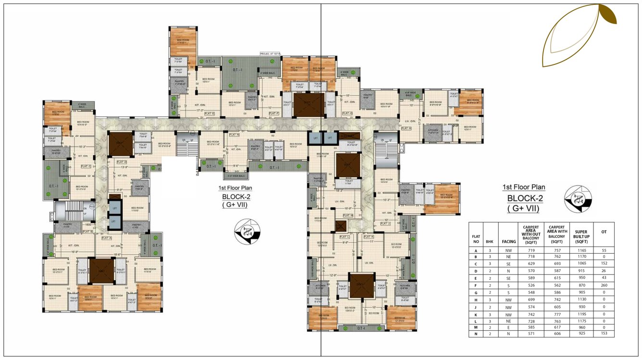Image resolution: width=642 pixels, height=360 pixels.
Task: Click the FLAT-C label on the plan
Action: tap(86, 166)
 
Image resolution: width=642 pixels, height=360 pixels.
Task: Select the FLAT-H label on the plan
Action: tap(407, 128)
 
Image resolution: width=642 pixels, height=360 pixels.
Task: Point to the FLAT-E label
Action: tap(210, 113)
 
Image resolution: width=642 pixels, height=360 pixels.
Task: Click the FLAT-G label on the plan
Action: tap(347, 113)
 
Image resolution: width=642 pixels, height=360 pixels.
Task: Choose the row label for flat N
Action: tap(476, 333)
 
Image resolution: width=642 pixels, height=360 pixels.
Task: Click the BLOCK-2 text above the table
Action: tap(524, 199)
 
